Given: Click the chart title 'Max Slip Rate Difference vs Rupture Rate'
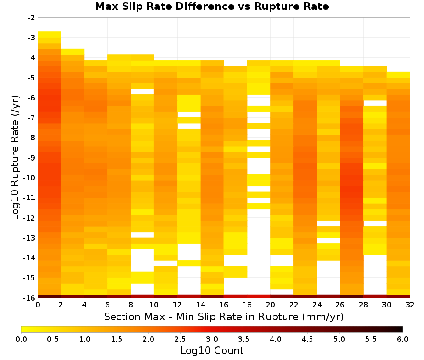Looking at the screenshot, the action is point(212,6).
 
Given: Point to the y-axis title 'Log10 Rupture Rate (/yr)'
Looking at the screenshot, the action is point(15,158).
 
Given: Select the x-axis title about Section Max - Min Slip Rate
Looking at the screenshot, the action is point(224,317).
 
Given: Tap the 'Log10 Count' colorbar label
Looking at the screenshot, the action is point(212,351).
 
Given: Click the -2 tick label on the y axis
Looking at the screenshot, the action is point(31,18).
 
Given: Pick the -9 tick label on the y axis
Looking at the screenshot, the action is point(31,158).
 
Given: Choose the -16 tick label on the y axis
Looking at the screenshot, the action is point(30,298).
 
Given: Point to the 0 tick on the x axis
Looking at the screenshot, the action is point(38,305).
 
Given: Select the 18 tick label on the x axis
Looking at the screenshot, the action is point(247,305).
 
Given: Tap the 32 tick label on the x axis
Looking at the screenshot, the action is point(410,305).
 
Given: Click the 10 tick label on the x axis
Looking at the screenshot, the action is point(154,305).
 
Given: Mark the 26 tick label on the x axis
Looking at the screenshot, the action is point(340,305).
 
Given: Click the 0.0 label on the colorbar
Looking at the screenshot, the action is point(21,339).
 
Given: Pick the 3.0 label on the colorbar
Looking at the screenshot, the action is point(212,339).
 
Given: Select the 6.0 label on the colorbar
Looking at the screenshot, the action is point(403,339).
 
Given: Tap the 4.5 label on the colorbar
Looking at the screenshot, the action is point(307,339).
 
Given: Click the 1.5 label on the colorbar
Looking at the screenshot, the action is point(117,339).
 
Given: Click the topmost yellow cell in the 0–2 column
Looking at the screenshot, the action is point(50,34).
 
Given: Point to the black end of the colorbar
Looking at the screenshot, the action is point(400,329).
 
